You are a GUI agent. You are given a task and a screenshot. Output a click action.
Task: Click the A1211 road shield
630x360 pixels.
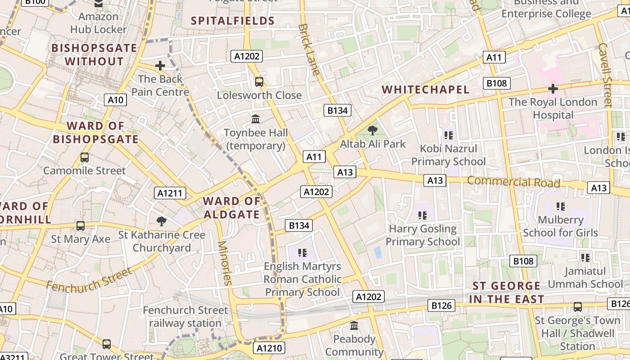tap(170, 193)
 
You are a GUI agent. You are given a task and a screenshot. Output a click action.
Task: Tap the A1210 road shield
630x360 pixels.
tap(269, 348)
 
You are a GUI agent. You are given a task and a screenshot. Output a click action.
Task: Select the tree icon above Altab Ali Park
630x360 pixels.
tap(372, 131)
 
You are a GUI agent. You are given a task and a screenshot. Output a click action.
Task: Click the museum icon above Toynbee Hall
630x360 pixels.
tap(256, 119)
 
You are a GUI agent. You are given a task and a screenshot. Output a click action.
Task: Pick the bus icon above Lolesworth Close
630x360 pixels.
tap(259, 82)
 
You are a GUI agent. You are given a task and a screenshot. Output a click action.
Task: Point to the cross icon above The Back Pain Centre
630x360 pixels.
tap(160, 66)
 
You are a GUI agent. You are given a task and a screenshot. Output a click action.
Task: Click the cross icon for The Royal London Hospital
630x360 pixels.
tap(553, 89)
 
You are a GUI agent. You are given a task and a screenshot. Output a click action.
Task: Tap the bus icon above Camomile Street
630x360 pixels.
tap(84, 157)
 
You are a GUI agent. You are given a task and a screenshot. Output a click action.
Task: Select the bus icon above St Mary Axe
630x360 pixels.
tap(81, 226)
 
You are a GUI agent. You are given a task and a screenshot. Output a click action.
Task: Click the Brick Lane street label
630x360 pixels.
tap(310, 49)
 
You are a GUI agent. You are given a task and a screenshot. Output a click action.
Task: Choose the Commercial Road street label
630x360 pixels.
tap(513, 182)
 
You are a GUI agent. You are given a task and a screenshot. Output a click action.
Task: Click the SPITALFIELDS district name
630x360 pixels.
tap(233, 21)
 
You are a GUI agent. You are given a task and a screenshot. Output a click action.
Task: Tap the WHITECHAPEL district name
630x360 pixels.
tap(426, 90)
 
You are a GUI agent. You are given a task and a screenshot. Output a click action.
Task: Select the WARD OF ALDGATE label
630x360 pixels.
tap(232, 208)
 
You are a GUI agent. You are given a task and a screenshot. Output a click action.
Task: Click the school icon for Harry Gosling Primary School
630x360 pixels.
tap(422, 216)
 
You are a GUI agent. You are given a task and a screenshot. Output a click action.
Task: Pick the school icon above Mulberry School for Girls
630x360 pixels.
tap(560, 207)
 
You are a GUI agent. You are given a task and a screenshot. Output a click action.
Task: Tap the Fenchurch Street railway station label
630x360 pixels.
tap(185, 317)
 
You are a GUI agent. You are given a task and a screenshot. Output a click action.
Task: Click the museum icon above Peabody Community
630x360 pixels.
tap(354, 325)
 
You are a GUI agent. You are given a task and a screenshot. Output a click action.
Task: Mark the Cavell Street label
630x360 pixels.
tap(605, 75)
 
